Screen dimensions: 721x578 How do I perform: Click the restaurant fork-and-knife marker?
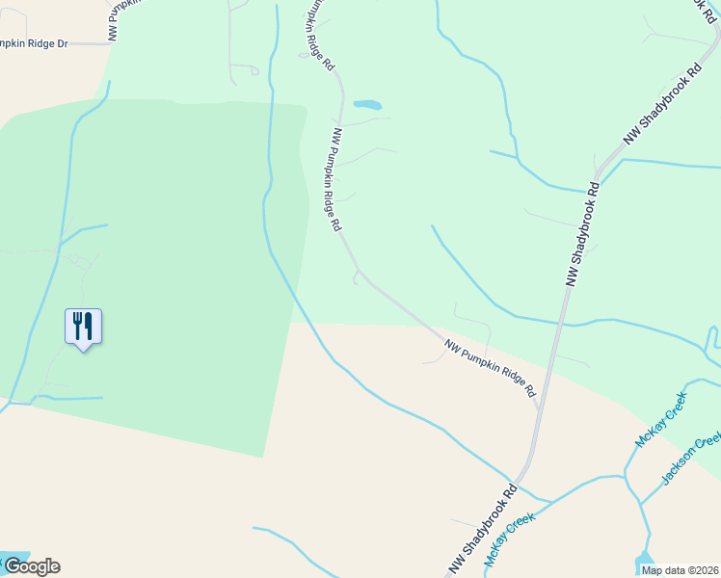83,327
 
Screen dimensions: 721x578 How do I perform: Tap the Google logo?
32,566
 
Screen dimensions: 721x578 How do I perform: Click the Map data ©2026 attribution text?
679,570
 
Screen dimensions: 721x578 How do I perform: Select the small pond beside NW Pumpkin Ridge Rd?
367,104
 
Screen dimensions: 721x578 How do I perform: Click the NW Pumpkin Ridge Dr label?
34,43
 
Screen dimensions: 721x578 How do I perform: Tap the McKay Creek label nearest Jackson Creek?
660,420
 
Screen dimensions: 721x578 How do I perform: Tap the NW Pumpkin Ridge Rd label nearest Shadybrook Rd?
489,367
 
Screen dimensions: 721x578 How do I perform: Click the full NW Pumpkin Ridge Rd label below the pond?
336,180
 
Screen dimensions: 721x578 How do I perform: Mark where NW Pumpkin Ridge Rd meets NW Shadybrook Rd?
538,408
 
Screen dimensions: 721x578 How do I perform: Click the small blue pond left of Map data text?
643,559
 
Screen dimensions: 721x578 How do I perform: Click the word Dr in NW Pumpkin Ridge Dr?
63,43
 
